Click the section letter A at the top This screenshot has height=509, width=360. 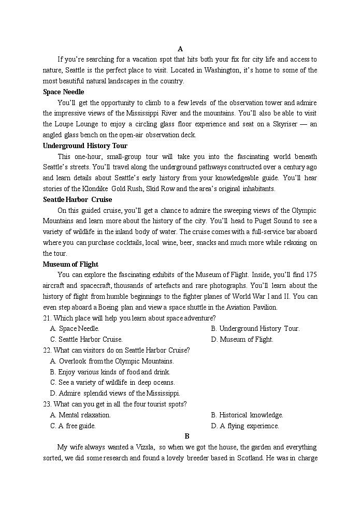point(180,49)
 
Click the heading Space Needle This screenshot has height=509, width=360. point(63,92)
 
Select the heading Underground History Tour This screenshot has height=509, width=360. point(85,146)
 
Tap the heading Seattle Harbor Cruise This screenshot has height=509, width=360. point(77,199)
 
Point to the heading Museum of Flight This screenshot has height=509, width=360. point(70,264)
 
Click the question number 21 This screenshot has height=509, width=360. point(48,318)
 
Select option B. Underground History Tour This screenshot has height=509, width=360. point(255,329)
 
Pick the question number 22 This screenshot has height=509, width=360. point(48,351)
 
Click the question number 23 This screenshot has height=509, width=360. point(48,404)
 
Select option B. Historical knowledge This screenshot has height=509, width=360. point(247,415)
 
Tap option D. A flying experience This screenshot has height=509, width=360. point(245,426)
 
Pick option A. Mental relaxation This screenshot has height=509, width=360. point(80,415)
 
